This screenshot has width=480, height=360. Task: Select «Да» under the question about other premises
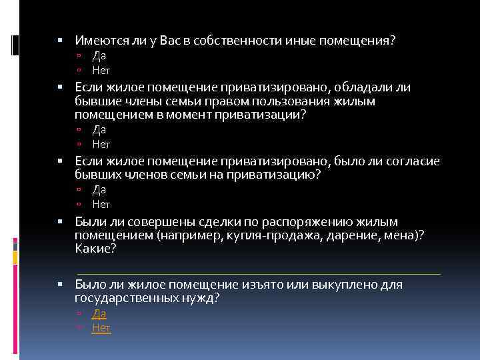[x=99, y=56]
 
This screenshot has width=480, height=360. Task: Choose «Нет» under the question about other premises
[x=101, y=70]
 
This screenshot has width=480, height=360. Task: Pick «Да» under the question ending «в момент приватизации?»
[x=99, y=129]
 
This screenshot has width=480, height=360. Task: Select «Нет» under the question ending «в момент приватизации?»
[x=101, y=143]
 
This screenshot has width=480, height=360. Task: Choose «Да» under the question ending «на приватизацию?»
[x=99, y=189]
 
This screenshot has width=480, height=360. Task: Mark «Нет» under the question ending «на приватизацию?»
[x=101, y=203]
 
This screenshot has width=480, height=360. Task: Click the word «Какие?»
[x=96, y=249]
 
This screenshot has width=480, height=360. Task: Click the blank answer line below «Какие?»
[x=259, y=273]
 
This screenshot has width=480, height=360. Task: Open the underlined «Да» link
[x=99, y=313]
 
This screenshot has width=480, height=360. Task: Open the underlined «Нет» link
[x=101, y=327]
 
